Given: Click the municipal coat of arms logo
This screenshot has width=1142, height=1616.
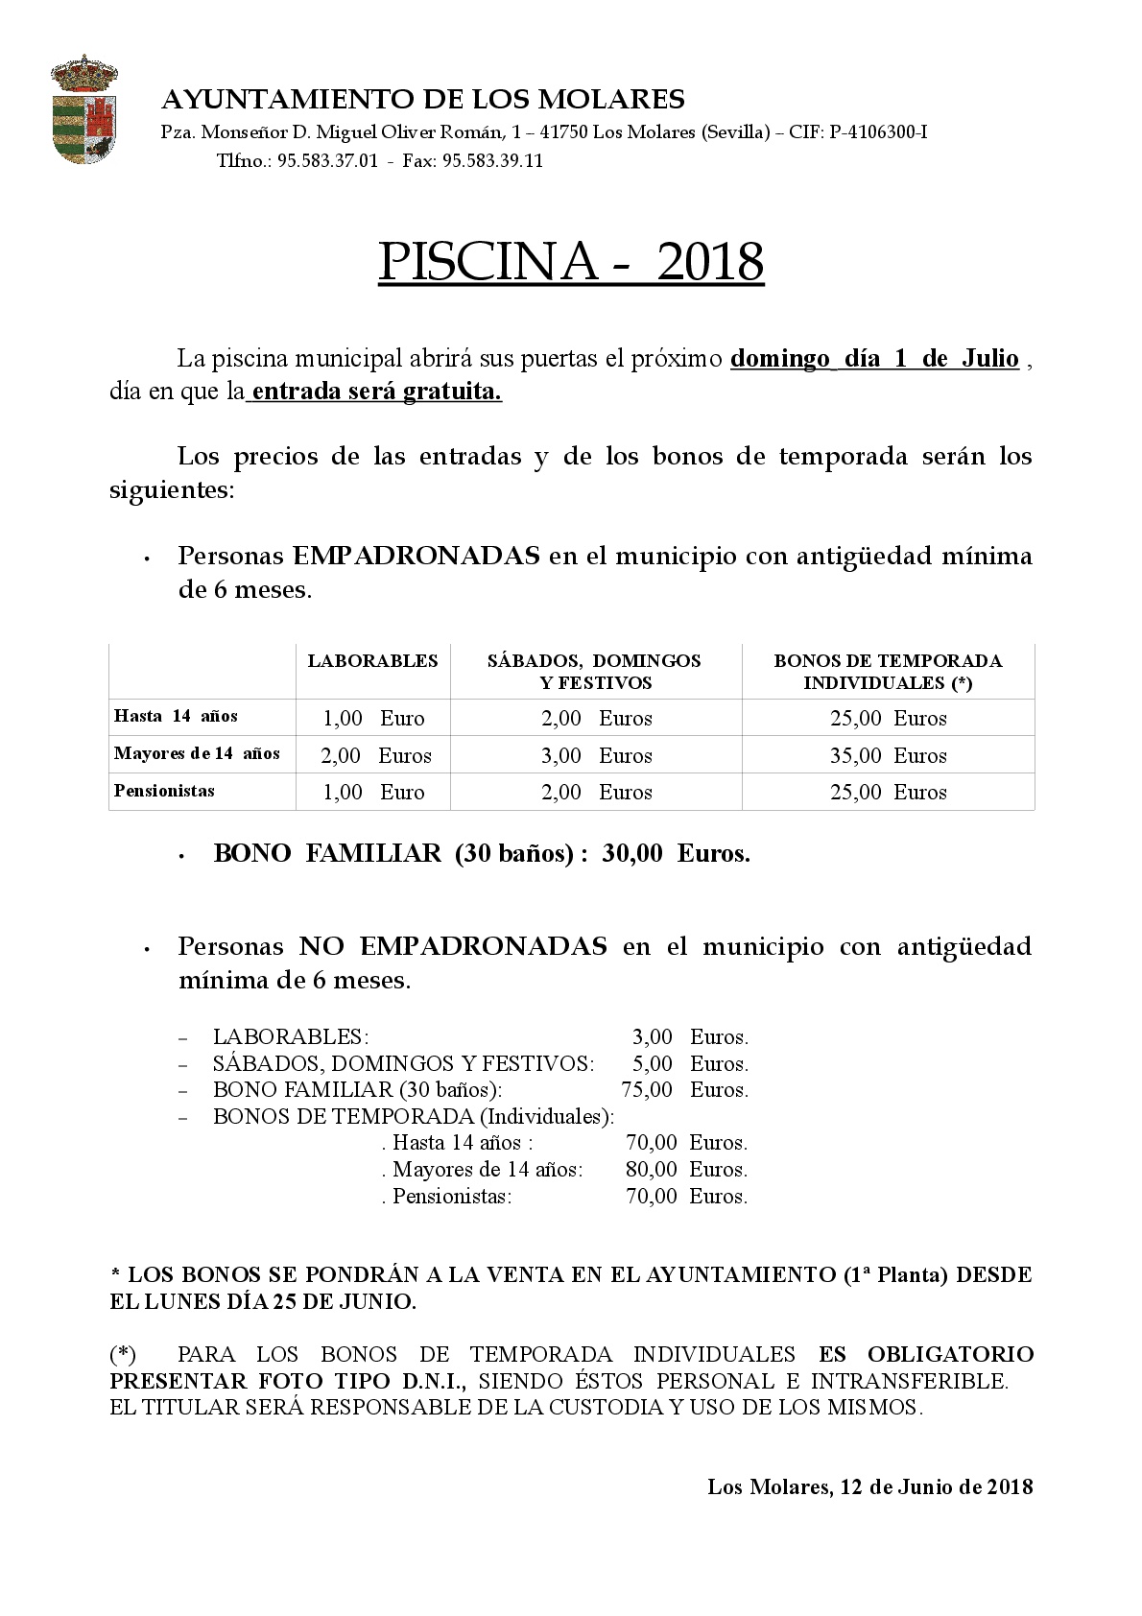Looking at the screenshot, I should (x=84, y=108).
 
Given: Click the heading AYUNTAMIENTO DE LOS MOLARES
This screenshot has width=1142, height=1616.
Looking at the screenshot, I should (x=423, y=100).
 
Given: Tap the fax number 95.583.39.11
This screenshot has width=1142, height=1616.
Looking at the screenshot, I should (x=492, y=160).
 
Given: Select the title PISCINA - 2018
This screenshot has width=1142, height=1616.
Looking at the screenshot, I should (x=571, y=261).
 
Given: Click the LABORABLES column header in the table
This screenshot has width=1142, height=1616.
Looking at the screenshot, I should (x=372, y=660).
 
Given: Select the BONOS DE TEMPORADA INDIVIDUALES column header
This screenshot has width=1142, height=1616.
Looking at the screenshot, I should (x=888, y=672).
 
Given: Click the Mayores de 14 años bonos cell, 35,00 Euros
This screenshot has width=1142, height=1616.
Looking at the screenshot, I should (x=888, y=755).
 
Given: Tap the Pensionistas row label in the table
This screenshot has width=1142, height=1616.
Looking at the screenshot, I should (x=164, y=791).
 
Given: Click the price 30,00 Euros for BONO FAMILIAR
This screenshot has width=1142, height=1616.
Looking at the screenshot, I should (x=676, y=853).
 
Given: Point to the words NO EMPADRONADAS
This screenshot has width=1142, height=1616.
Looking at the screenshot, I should (x=453, y=946).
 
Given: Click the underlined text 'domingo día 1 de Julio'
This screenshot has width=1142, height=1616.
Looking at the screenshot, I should (x=874, y=359).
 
